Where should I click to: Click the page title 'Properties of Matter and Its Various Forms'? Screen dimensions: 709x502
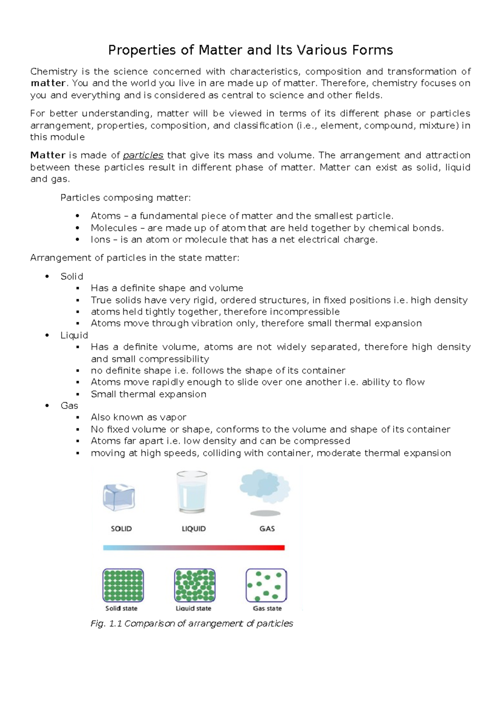click(x=250, y=50)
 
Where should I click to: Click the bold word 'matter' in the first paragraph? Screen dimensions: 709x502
click(x=48, y=83)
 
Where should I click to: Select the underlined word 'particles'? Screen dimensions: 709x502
click(x=143, y=156)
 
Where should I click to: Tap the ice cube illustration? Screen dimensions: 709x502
click(x=119, y=497)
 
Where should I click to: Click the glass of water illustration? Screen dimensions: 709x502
click(x=192, y=492)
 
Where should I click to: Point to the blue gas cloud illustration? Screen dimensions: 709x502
click(x=265, y=487)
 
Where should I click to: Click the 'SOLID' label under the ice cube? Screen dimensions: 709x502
click(x=121, y=529)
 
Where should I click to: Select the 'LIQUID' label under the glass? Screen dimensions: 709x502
click(x=194, y=529)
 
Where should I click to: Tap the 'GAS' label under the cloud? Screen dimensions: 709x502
click(x=267, y=529)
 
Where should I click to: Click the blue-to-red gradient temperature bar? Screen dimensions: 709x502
click(x=194, y=548)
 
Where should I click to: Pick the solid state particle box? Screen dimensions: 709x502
click(x=123, y=585)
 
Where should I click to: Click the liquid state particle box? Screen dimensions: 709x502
click(x=195, y=585)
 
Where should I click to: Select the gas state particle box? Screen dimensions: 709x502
click(x=266, y=585)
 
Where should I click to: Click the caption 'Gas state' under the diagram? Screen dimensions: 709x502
click(x=267, y=609)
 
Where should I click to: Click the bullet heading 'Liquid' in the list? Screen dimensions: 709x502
click(x=74, y=335)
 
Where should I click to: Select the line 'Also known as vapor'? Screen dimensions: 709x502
click(x=138, y=417)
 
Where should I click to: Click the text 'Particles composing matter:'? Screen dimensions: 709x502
click(x=125, y=198)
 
